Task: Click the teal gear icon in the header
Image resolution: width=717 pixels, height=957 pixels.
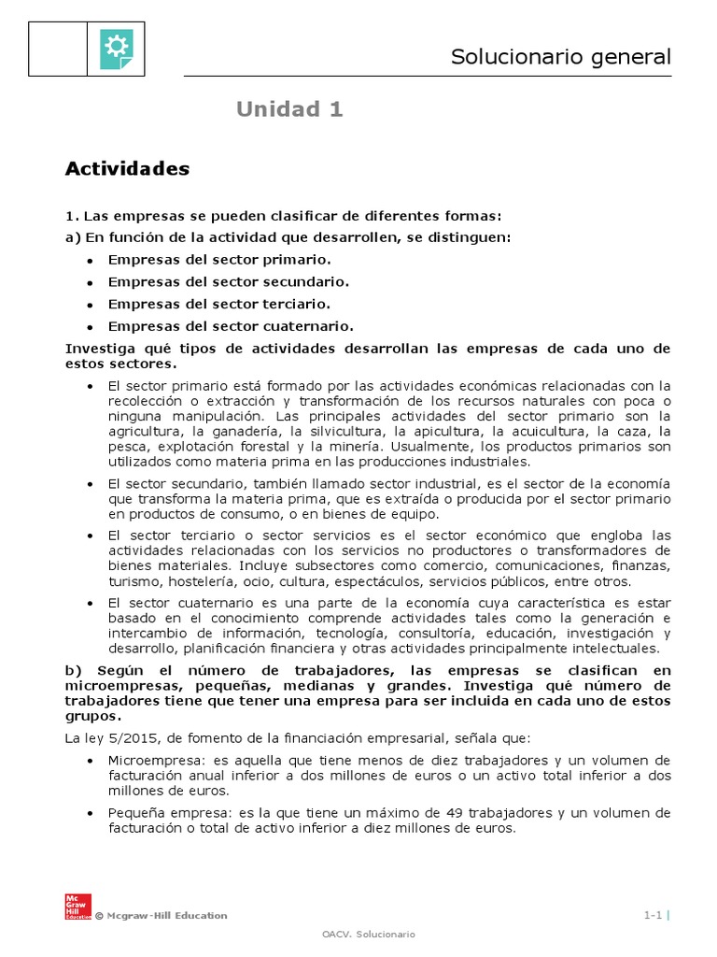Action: pos(117,49)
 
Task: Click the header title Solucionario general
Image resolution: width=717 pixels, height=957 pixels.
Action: pos(560,57)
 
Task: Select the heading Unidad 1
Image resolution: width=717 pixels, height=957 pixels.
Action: pos(289,109)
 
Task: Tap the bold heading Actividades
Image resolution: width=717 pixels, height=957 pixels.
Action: pos(127,169)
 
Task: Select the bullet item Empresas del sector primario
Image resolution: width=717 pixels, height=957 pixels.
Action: pos(219,260)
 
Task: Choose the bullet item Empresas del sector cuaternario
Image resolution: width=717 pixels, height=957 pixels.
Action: pos(231,326)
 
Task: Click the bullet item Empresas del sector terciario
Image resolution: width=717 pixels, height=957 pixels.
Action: pos(219,304)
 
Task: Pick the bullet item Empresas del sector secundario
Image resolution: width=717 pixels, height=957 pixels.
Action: pos(229,282)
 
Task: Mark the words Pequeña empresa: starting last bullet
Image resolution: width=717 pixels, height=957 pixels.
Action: pos(159,813)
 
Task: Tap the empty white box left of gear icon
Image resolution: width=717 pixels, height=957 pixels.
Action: pos(59,49)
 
